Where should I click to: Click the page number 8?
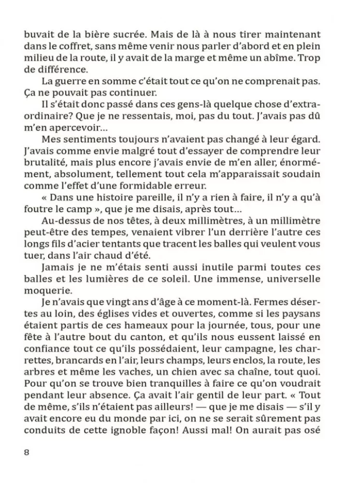point(27,453)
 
